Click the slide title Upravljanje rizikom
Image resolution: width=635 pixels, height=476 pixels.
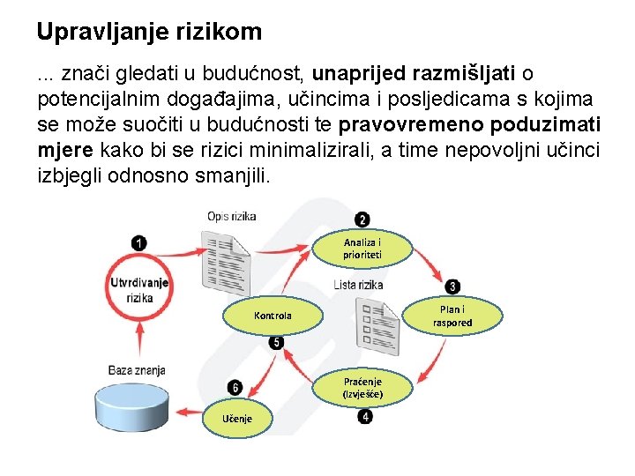(149, 33)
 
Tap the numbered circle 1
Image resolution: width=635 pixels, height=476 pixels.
(138, 242)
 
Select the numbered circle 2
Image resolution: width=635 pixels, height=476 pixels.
(362, 219)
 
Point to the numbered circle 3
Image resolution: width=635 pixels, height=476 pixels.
(452, 286)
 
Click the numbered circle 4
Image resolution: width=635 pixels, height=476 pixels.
(365, 416)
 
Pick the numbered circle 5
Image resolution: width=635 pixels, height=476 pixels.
(276, 342)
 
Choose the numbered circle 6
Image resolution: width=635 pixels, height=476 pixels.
(235, 387)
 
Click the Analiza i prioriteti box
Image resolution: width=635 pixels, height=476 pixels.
(362, 249)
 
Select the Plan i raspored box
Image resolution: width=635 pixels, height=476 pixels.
(452, 316)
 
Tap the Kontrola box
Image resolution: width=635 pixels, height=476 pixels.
(273, 316)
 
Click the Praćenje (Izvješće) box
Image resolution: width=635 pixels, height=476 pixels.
(362, 386)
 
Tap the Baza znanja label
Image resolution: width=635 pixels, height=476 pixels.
(137, 370)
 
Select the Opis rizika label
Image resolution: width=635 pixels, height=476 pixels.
(232, 216)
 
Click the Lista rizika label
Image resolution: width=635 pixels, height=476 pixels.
(358, 284)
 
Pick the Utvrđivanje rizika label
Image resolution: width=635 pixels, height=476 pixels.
(138, 290)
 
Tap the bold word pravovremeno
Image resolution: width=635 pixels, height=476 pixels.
(413, 124)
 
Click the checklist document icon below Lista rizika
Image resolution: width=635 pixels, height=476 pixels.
(374, 324)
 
